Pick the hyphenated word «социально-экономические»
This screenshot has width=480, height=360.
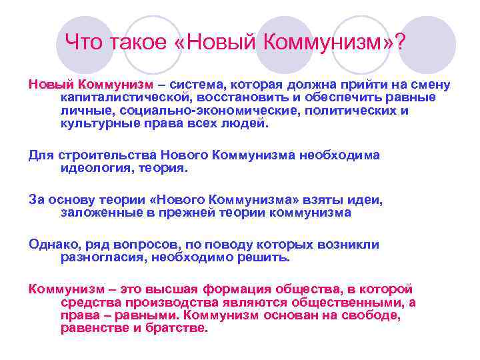pyautogui.click(x=198, y=111)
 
